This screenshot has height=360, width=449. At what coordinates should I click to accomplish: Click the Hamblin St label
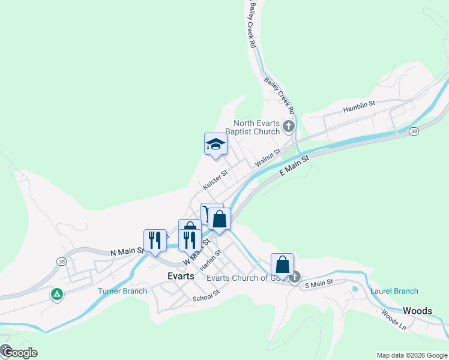[x=359, y=107]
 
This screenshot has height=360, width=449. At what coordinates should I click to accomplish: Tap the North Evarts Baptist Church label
[x=256, y=127]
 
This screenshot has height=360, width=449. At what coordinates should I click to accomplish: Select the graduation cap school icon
[x=215, y=144]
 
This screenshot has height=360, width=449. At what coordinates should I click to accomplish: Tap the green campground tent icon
[x=56, y=294]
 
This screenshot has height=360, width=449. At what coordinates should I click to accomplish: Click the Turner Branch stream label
[x=122, y=292]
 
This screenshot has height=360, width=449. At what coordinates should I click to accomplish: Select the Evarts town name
[x=181, y=276]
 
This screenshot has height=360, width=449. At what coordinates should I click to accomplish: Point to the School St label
[x=206, y=296]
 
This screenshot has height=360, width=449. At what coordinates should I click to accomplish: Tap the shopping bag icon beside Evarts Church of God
[x=282, y=265]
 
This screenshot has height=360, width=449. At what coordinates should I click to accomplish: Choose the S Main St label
[x=319, y=283]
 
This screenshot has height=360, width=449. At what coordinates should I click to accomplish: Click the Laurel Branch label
[x=394, y=292]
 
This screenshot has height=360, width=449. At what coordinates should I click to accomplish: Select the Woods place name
[x=417, y=311]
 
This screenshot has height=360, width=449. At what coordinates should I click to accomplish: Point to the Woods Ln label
[x=394, y=319]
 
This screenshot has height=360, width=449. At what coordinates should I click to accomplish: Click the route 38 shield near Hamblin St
[x=414, y=131]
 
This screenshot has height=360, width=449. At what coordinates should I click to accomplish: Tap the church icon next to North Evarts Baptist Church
[x=289, y=126]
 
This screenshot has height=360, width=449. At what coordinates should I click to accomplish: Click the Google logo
[x=19, y=352]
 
